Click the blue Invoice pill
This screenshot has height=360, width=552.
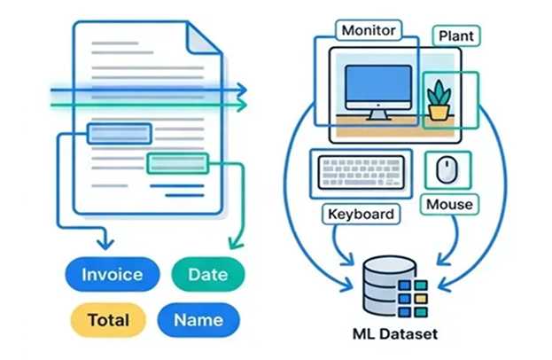click(x=113, y=273)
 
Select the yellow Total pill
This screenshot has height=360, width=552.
click(x=109, y=320)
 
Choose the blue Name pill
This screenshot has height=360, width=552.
click(x=198, y=320)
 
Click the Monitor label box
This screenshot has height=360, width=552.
click(x=368, y=29)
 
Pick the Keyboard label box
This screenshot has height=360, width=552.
click(x=361, y=214)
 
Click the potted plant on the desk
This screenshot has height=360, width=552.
click(x=438, y=98)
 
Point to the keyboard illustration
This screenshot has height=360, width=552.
click(x=359, y=173)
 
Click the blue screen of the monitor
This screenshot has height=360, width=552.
click(x=378, y=85)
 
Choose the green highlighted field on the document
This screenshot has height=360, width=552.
click(x=177, y=162)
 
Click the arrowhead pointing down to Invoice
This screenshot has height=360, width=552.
click(x=106, y=241)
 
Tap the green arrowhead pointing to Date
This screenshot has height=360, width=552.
click(x=235, y=242)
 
